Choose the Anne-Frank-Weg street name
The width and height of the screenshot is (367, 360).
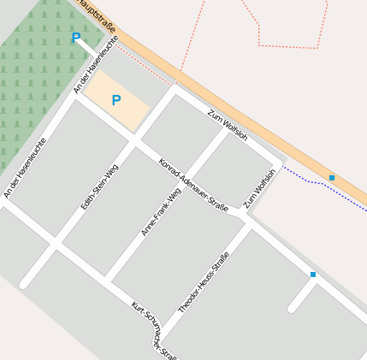click(161, 211)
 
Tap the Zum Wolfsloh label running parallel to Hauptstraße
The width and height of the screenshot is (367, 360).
click(228, 125)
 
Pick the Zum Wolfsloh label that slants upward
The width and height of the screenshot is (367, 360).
click(260, 188)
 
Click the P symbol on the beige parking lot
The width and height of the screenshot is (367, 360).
click(116, 101)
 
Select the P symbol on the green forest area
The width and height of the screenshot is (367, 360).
click(76, 38)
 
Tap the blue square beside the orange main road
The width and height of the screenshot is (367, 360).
click(332, 177)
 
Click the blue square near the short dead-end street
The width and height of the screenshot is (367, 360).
click(313, 274)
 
